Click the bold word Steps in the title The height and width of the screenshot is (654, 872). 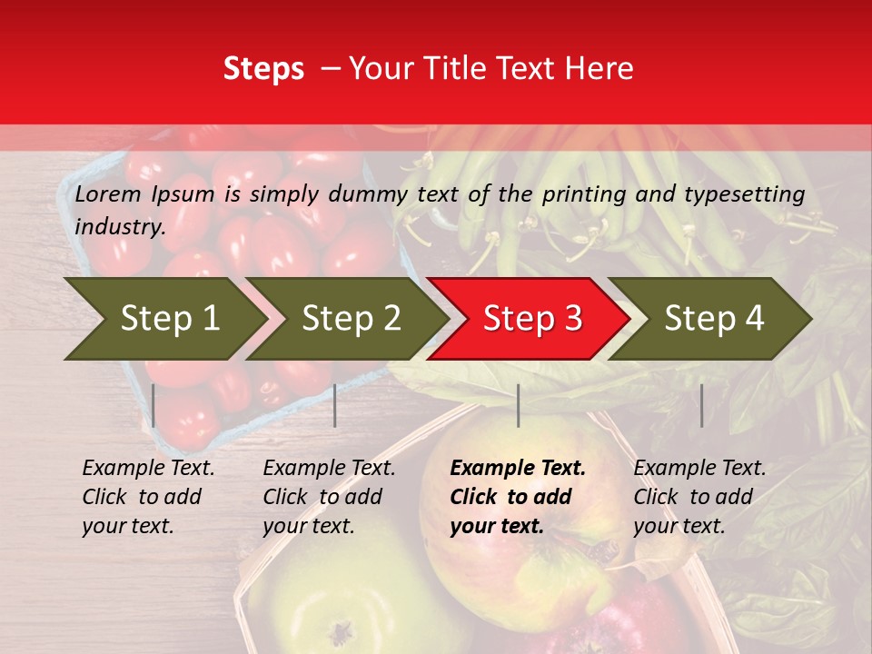(x=263, y=69)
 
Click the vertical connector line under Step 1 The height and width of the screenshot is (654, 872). (x=154, y=405)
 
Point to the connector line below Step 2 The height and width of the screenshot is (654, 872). (x=335, y=405)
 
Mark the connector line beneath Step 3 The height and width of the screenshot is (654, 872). (x=519, y=405)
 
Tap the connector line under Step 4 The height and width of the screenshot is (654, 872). (x=702, y=405)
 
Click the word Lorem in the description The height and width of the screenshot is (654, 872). (x=108, y=193)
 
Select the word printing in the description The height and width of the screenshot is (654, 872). (x=580, y=193)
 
